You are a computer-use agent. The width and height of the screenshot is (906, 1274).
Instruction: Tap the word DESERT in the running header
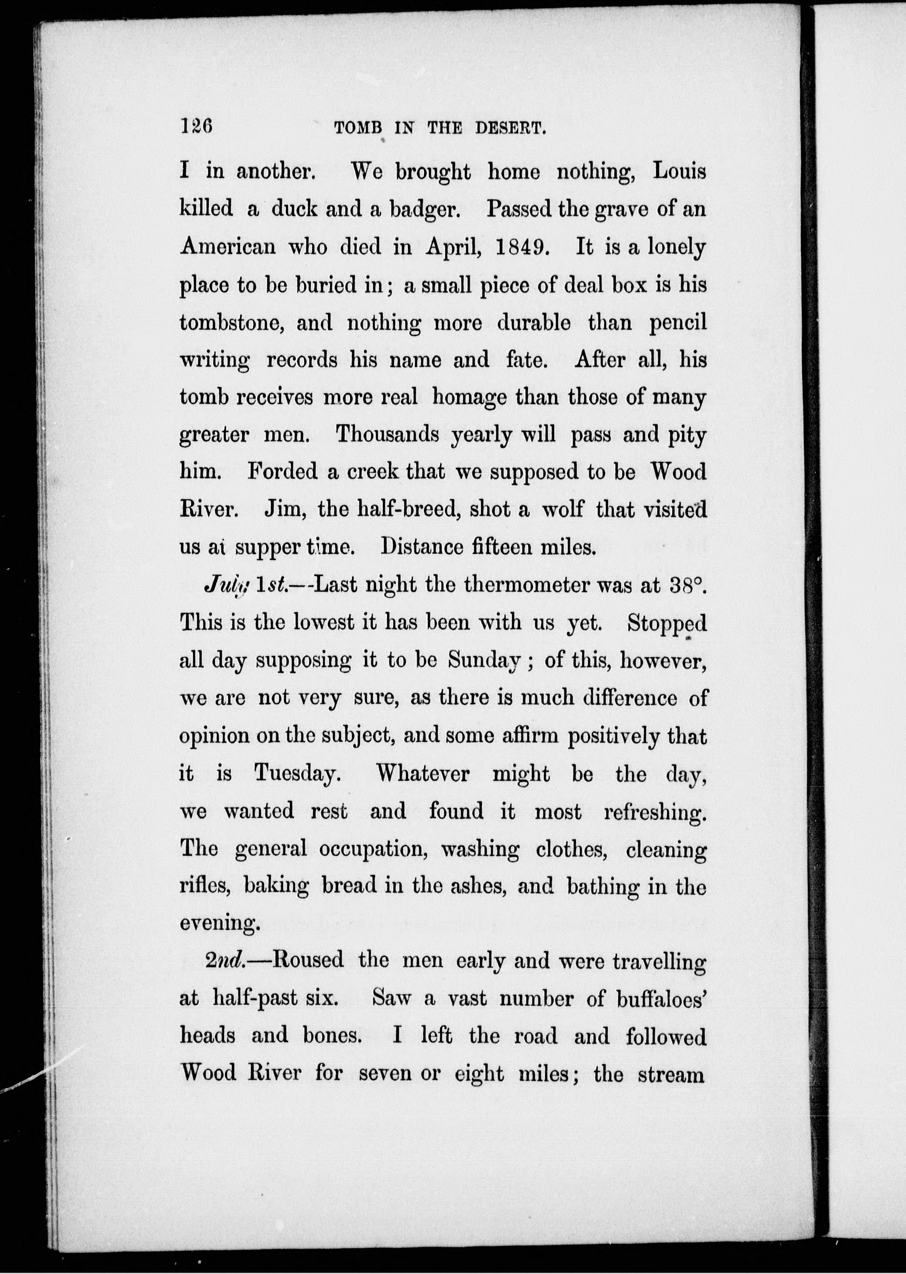[510, 128]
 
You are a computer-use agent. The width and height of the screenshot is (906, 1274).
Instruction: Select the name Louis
[679, 171]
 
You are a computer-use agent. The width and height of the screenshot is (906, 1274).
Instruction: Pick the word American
[228, 246]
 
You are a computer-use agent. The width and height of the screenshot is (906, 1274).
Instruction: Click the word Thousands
[387, 435]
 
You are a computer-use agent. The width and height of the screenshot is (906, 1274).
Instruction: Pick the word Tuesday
[297, 774]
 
